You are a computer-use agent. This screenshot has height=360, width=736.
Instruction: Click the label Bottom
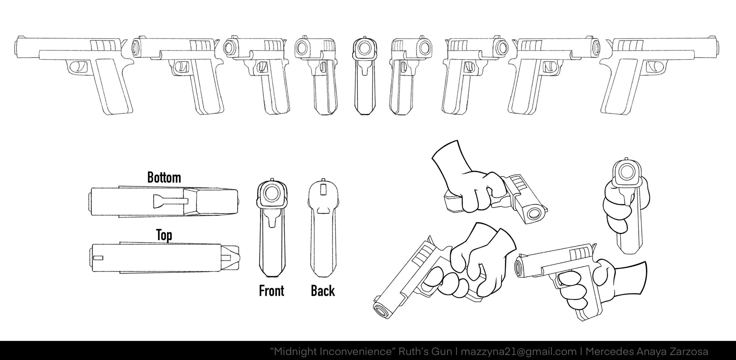click(164, 177)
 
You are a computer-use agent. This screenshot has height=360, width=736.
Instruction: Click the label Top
click(164, 235)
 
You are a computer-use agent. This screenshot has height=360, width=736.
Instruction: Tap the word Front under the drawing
click(271, 291)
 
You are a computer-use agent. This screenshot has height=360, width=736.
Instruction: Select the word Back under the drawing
click(322, 291)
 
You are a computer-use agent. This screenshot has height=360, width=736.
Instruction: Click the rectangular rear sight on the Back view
click(322, 189)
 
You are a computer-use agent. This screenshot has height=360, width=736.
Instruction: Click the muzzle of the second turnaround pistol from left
click(136, 47)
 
